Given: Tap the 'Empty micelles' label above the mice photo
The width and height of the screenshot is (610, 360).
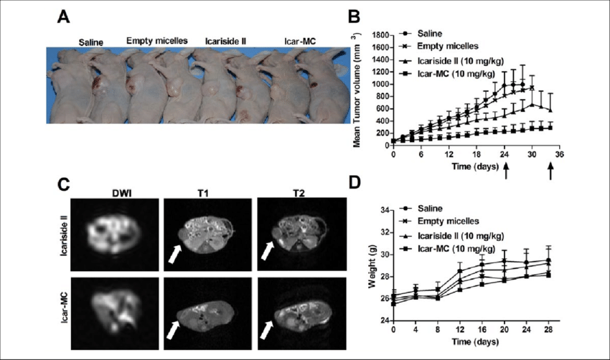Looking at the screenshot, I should pos(157,41).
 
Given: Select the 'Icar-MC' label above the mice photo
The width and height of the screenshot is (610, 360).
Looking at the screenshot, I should pos(291,41).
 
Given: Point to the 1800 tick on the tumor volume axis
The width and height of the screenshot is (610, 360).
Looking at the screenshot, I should pos(380,34).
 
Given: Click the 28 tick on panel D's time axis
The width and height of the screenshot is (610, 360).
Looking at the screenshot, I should pos(549,337).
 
